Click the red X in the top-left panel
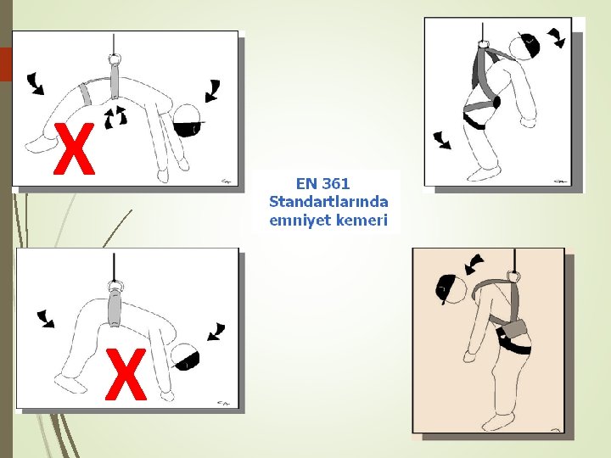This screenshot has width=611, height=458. click(74, 148)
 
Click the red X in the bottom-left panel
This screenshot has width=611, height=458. click(126, 374)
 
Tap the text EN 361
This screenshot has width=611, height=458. click(322, 183)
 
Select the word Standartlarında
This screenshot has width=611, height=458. click(328, 202)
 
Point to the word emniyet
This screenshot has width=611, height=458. click(296, 220)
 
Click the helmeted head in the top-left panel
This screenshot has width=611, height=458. click(188, 120)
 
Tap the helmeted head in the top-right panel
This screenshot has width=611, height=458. click(524, 45)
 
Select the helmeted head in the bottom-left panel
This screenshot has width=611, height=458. click(185, 356)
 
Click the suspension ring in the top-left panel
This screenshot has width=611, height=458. click(115, 59)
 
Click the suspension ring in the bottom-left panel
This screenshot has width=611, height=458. click(115, 287)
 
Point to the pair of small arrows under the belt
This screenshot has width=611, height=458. click(115, 117)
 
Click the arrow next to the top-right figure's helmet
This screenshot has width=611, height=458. click(557, 37)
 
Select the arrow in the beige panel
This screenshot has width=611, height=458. click(474, 265)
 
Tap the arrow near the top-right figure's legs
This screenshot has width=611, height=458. click(442, 140)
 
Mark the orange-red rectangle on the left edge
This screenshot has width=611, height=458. click(6, 64)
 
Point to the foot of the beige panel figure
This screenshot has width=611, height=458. click(496, 422)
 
